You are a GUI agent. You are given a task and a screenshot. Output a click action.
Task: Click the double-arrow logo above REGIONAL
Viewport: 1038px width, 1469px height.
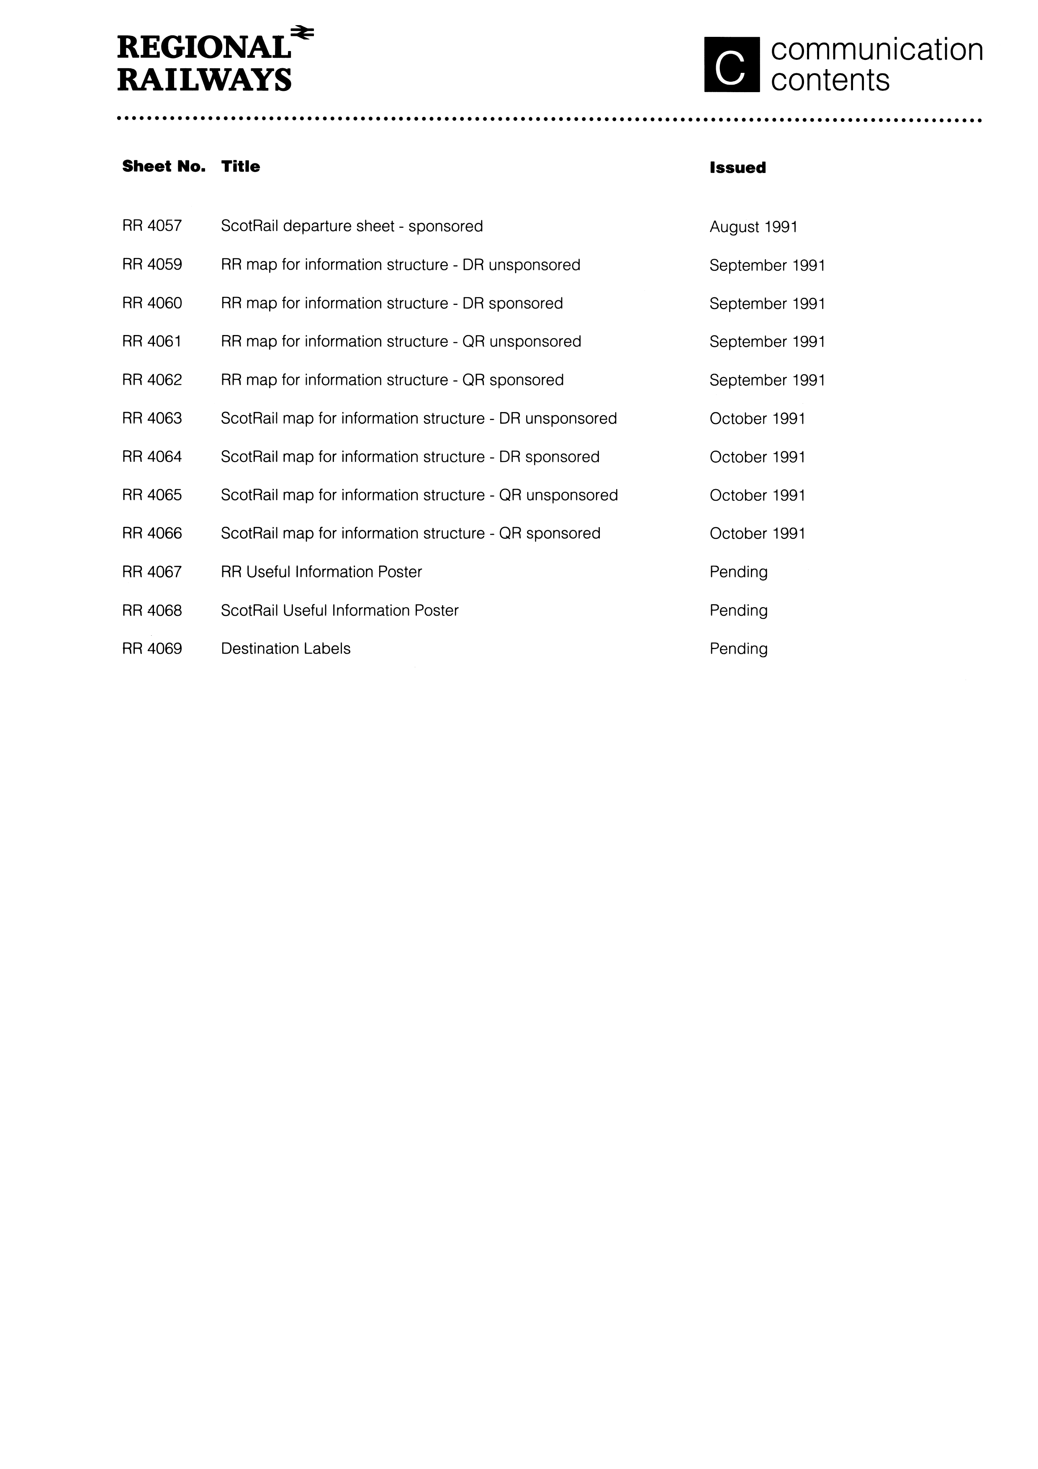click(302, 33)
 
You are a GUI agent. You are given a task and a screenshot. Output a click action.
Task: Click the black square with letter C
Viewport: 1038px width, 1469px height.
click(732, 64)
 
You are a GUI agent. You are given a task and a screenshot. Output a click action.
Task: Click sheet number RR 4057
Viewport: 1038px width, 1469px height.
click(152, 226)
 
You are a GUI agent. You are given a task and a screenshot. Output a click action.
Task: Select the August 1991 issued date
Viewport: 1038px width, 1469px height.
click(753, 227)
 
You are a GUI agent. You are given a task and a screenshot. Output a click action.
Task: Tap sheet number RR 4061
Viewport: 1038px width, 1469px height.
click(152, 342)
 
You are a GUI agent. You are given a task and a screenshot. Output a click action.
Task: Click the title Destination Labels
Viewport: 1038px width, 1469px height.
click(286, 649)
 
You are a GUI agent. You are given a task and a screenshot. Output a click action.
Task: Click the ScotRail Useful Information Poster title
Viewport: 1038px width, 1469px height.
click(339, 611)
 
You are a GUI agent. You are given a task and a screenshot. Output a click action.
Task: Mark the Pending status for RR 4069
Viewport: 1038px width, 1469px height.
click(739, 649)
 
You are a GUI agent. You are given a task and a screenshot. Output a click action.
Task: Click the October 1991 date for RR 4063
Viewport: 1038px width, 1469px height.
click(757, 418)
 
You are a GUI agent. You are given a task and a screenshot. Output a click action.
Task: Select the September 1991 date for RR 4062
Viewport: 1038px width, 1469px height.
click(767, 380)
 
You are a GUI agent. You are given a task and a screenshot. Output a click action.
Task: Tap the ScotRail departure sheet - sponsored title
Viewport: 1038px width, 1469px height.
click(352, 226)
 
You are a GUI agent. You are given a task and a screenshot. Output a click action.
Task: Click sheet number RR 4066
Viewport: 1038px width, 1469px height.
click(152, 533)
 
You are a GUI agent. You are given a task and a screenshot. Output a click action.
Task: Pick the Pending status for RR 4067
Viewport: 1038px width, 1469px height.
click(739, 572)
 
